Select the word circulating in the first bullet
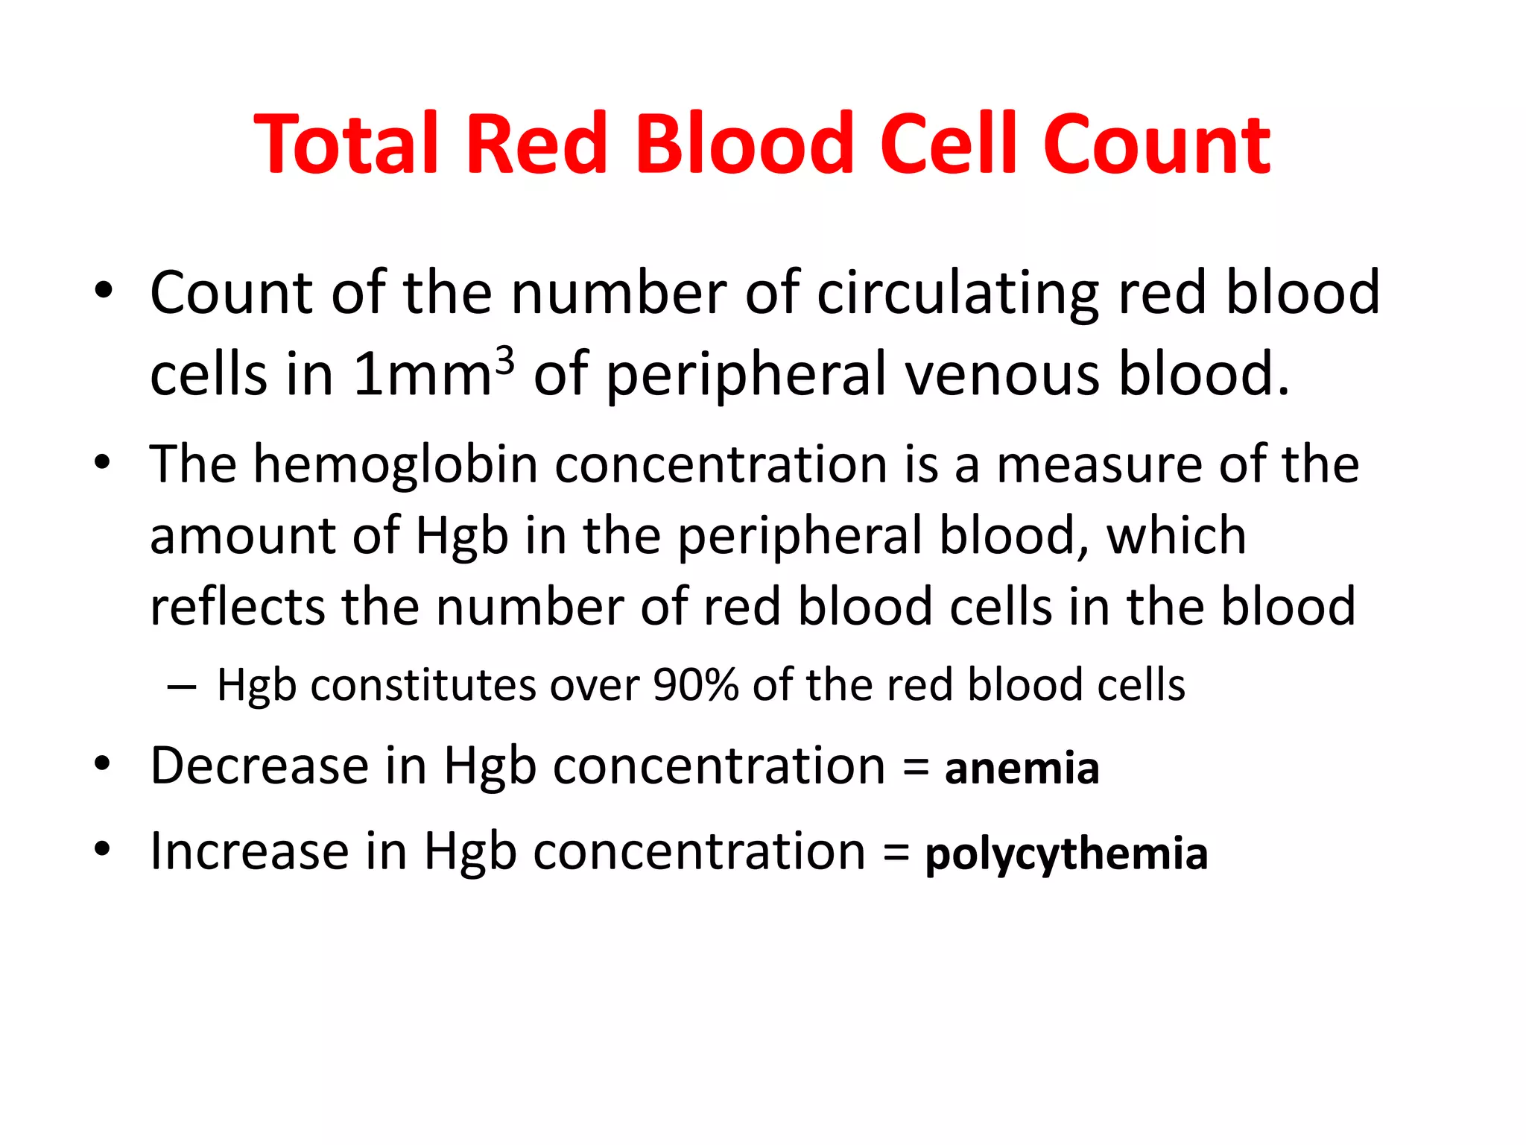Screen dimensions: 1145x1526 (957, 293)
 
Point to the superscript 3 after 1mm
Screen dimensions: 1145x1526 (504, 360)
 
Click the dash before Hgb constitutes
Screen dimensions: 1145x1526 (182, 686)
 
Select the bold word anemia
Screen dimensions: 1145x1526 (1022, 769)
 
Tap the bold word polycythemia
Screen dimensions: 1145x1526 (1066, 854)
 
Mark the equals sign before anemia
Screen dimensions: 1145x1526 (916, 768)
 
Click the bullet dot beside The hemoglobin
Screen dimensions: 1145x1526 (103, 463)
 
